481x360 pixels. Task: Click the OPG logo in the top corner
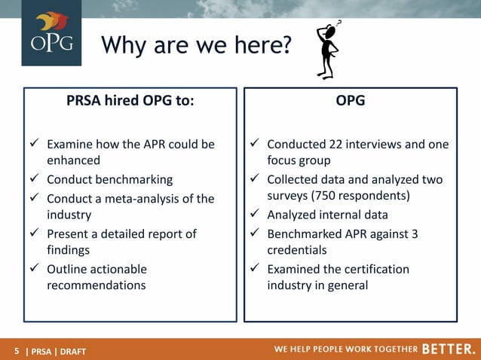(51, 33)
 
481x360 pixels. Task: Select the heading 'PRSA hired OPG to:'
(130, 100)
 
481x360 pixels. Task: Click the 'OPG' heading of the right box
(351, 100)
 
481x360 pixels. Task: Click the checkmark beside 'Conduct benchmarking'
(35, 179)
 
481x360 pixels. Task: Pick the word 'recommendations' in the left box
(97, 285)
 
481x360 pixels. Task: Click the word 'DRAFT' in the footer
(72, 350)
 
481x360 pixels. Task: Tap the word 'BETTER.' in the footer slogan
(448, 349)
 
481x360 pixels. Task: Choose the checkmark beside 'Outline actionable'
(35, 269)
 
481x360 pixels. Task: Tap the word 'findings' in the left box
(69, 250)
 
